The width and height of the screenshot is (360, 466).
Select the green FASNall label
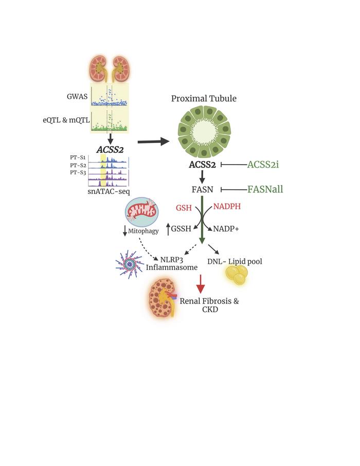[x=265, y=189]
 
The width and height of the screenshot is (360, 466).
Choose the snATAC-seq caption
[x=109, y=191]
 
